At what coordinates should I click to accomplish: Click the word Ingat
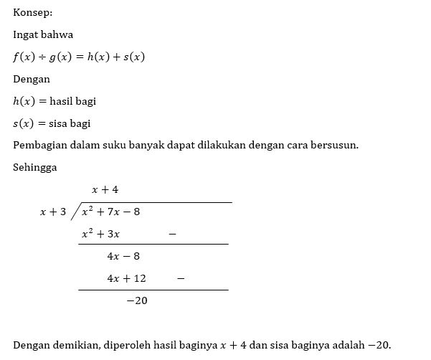point(25,34)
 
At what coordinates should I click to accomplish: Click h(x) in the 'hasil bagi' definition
point(24,101)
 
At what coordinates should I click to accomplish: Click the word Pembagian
point(40,146)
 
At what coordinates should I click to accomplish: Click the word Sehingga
point(34,168)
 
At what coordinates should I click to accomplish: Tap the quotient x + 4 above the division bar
point(105,189)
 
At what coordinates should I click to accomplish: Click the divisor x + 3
point(53,212)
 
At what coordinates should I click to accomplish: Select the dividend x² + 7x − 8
point(110,212)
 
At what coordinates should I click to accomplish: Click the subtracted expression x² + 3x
point(100,234)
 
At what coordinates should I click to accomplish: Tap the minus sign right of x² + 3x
point(171,234)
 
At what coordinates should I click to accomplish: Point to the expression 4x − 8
point(123,256)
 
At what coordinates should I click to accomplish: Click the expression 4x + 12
point(126,278)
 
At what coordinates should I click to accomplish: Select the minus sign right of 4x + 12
point(180,278)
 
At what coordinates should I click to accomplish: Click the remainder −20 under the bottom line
point(136,300)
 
